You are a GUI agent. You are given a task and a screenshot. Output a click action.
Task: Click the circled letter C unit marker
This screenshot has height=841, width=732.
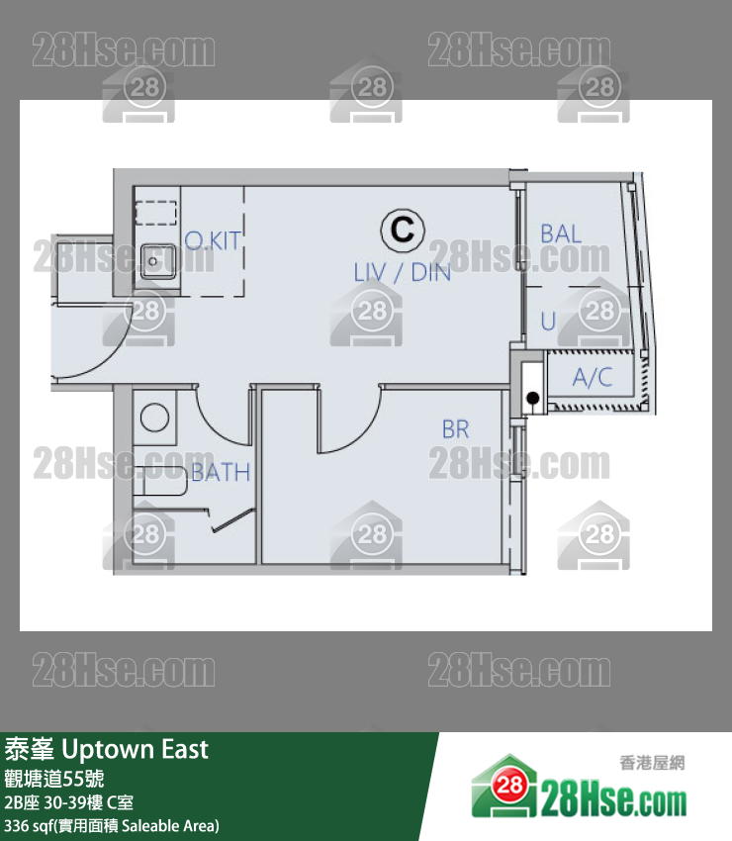click(403, 230)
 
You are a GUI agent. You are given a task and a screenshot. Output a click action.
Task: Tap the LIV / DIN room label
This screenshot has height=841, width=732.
click(403, 273)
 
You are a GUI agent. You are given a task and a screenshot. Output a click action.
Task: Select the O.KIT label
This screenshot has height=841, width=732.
click(213, 240)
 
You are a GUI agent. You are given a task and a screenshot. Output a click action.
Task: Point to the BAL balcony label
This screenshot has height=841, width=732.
click(561, 234)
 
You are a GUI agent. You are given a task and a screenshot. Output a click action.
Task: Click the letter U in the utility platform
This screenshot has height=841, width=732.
click(548, 322)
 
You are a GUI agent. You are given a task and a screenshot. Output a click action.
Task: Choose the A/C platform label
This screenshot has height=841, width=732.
click(593, 377)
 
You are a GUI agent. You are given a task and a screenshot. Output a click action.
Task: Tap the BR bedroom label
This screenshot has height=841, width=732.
click(456, 429)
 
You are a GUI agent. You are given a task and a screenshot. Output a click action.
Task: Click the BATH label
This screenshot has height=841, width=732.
click(221, 473)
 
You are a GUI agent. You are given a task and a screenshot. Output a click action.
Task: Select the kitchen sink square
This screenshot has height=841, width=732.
click(158, 261)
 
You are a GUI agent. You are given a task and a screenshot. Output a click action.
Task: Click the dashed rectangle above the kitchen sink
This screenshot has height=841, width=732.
click(156, 213)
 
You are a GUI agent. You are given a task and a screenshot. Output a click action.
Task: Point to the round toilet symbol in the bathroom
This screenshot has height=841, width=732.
click(154, 418)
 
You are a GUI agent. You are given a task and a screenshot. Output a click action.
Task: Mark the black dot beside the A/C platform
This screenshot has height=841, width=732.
click(533, 398)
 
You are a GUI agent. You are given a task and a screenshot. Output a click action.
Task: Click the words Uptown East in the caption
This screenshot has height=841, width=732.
click(136, 749)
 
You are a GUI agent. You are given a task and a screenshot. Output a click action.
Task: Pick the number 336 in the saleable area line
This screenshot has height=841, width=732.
click(16, 825)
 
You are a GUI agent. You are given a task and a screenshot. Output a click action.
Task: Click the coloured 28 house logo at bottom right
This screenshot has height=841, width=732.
click(504, 786)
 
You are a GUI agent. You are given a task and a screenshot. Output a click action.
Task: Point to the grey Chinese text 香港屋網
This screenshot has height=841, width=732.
click(652, 763)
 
